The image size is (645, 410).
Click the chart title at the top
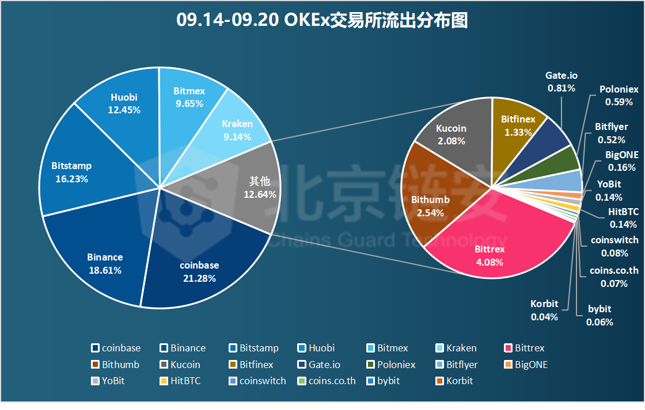(322, 21)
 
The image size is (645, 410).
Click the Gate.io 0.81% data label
(561, 82)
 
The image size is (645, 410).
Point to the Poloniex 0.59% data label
(619, 96)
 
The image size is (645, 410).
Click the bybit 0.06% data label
(600, 316)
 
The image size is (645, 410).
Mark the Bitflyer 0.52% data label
(611, 133)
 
